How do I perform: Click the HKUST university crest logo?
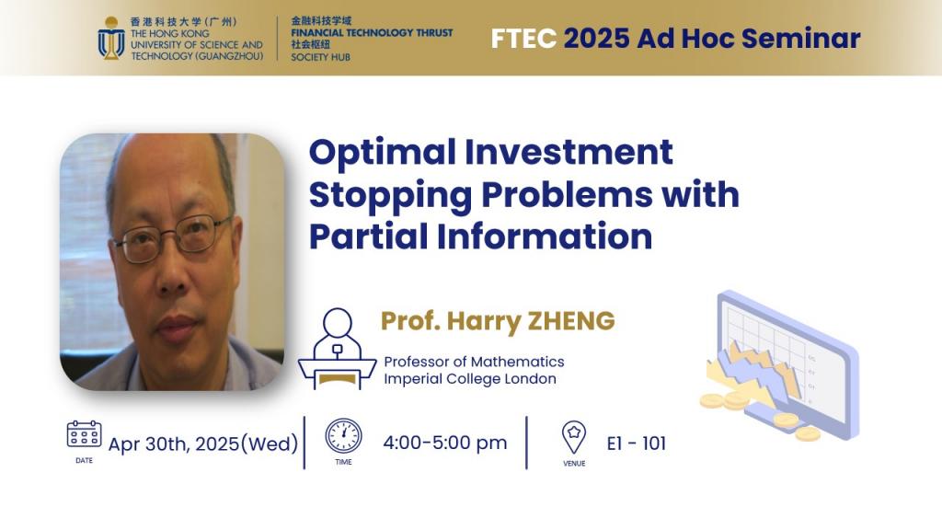pos(111,39)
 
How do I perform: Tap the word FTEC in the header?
pos(523,39)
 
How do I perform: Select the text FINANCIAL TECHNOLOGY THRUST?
pos(372,33)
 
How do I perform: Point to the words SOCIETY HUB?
pos(320,57)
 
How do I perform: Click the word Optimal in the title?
pos(382,153)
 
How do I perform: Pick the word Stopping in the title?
pos(390,196)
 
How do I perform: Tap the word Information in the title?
pos(545,236)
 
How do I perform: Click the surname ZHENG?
pos(571,321)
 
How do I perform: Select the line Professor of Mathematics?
pos(474,362)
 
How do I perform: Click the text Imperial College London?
pos(470,379)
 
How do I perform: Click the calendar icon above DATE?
pos(84,434)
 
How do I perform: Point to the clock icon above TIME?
pos(344,435)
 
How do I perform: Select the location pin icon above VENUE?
pos(574,437)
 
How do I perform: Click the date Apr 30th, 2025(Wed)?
pos(203,444)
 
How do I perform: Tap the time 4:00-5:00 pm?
pos(445,443)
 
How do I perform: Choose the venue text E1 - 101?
pos(637,444)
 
